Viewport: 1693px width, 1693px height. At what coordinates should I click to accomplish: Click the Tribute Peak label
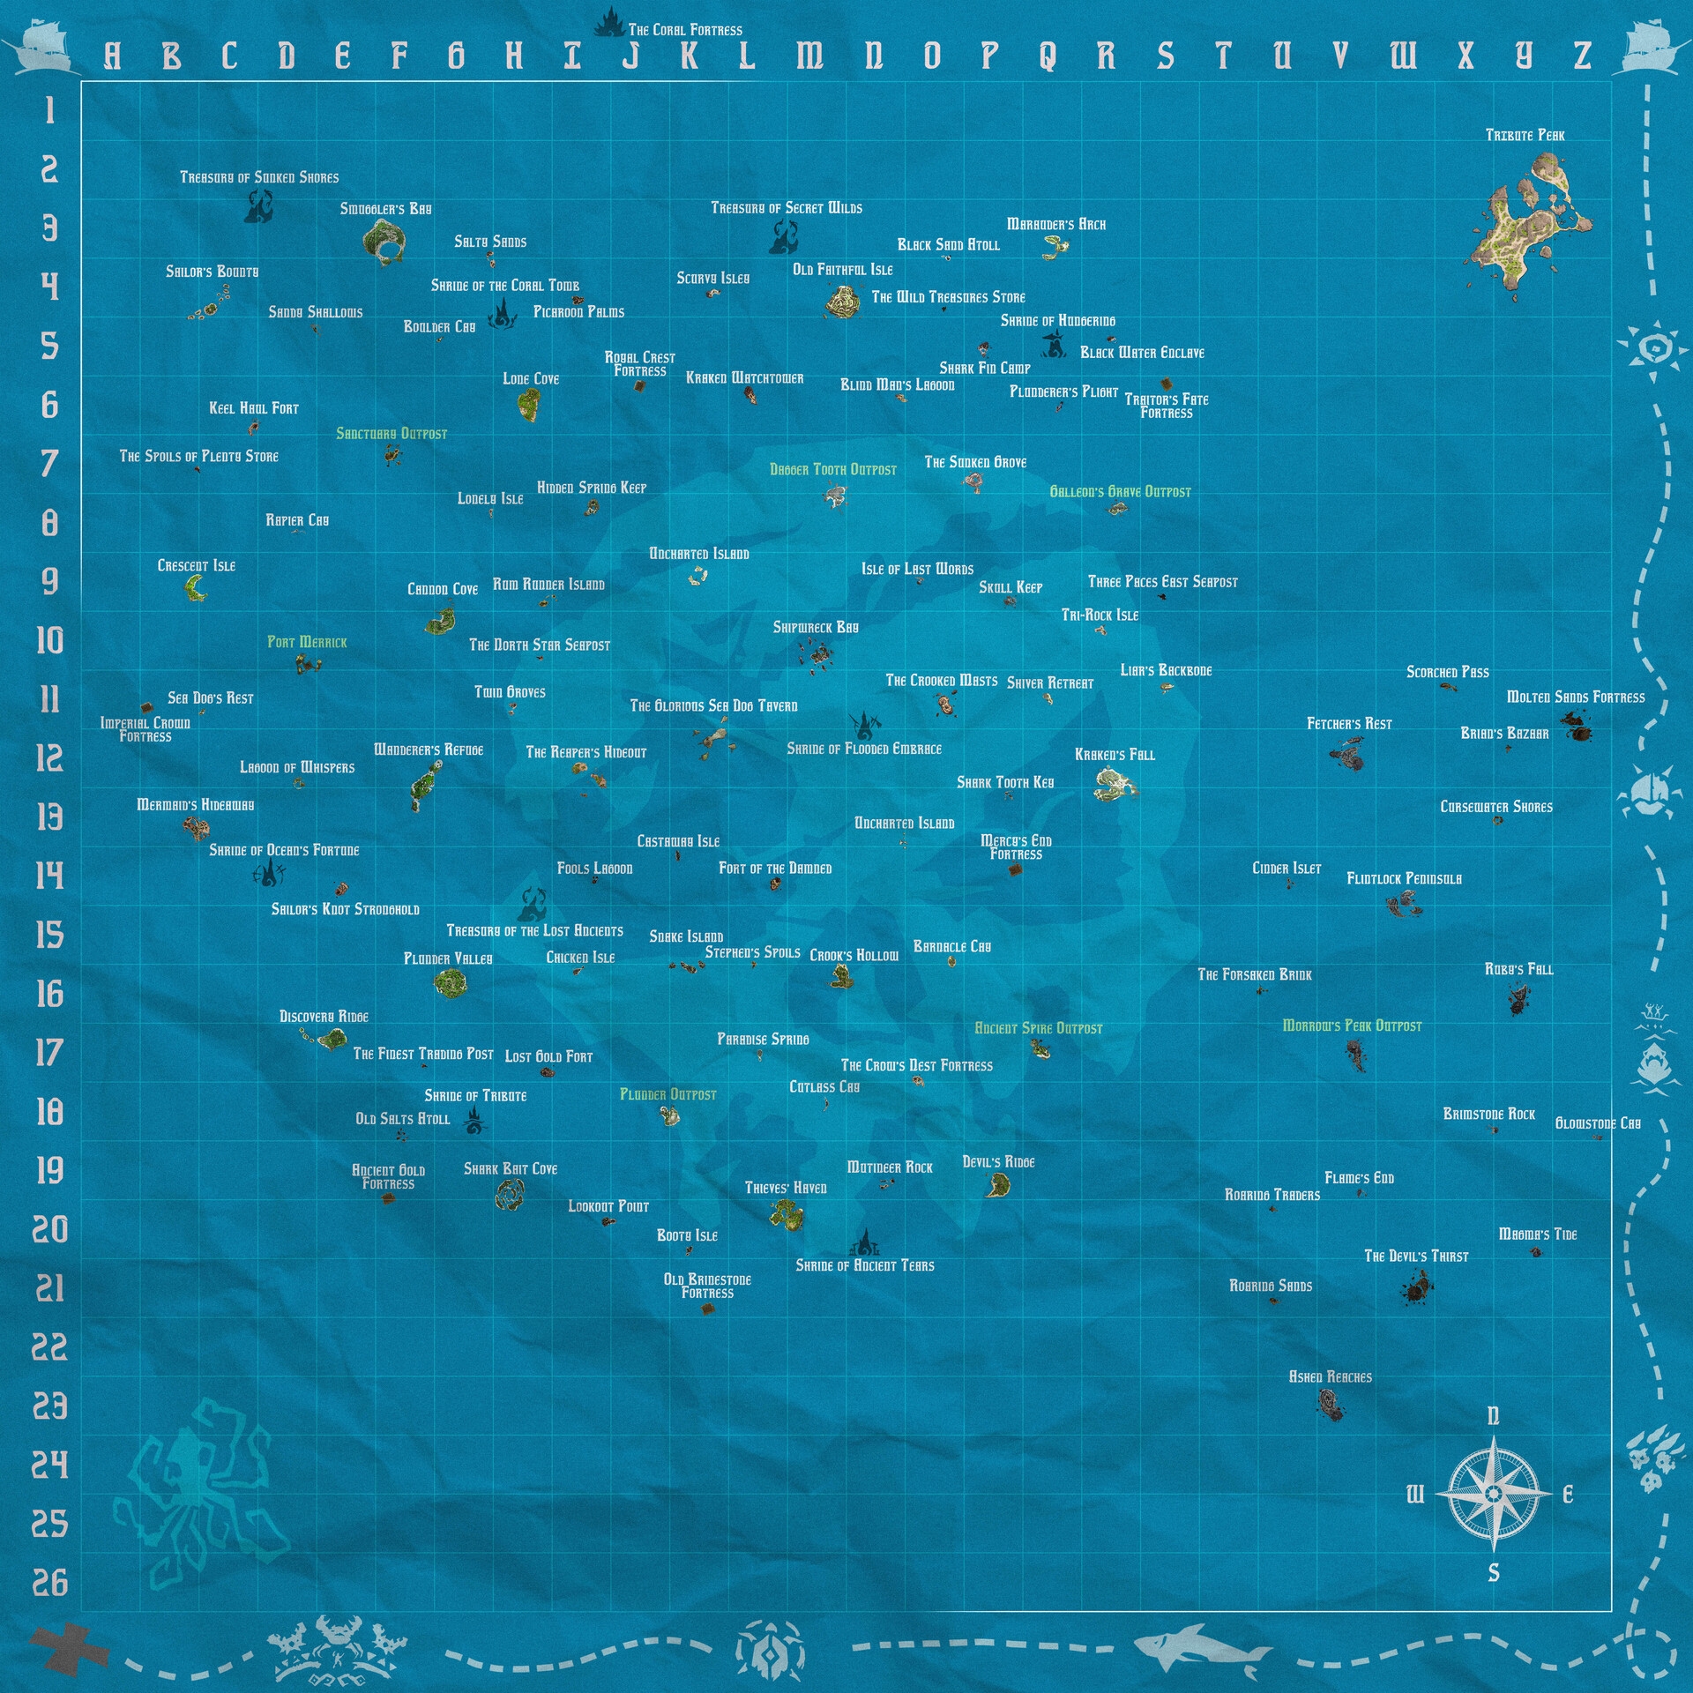click(x=1525, y=135)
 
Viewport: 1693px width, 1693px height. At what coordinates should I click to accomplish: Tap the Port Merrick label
click(x=307, y=642)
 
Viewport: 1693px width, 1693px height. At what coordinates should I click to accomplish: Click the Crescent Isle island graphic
click(x=196, y=588)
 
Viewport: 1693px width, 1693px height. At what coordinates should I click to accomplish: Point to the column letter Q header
click(x=1048, y=56)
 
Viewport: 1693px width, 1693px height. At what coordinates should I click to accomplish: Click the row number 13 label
click(x=49, y=817)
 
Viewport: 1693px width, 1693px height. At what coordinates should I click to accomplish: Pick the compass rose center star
click(x=1493, y=1494)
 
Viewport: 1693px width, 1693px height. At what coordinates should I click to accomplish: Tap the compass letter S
click(x=1493, y=1572)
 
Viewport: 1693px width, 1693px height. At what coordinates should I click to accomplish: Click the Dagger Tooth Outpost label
click(x=832, y=470)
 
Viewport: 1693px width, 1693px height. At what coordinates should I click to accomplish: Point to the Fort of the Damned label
click(x=775, y=869)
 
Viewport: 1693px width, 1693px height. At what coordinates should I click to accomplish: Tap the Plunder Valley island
click(x=450, y=981)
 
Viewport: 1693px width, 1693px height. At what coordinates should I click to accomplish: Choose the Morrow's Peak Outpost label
click(x=1352, y=1025)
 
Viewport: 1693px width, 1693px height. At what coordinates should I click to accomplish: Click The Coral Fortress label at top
click(x=685, y=30)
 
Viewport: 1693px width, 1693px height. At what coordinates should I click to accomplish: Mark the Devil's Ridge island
click(x=997, y=1185)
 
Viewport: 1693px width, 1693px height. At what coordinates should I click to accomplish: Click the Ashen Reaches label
click(x=1330, y=1376)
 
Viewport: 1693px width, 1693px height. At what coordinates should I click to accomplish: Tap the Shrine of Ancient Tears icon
click(x=865, y=1244)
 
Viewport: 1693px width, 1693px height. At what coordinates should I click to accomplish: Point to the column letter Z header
click(x=1583, y=56)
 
